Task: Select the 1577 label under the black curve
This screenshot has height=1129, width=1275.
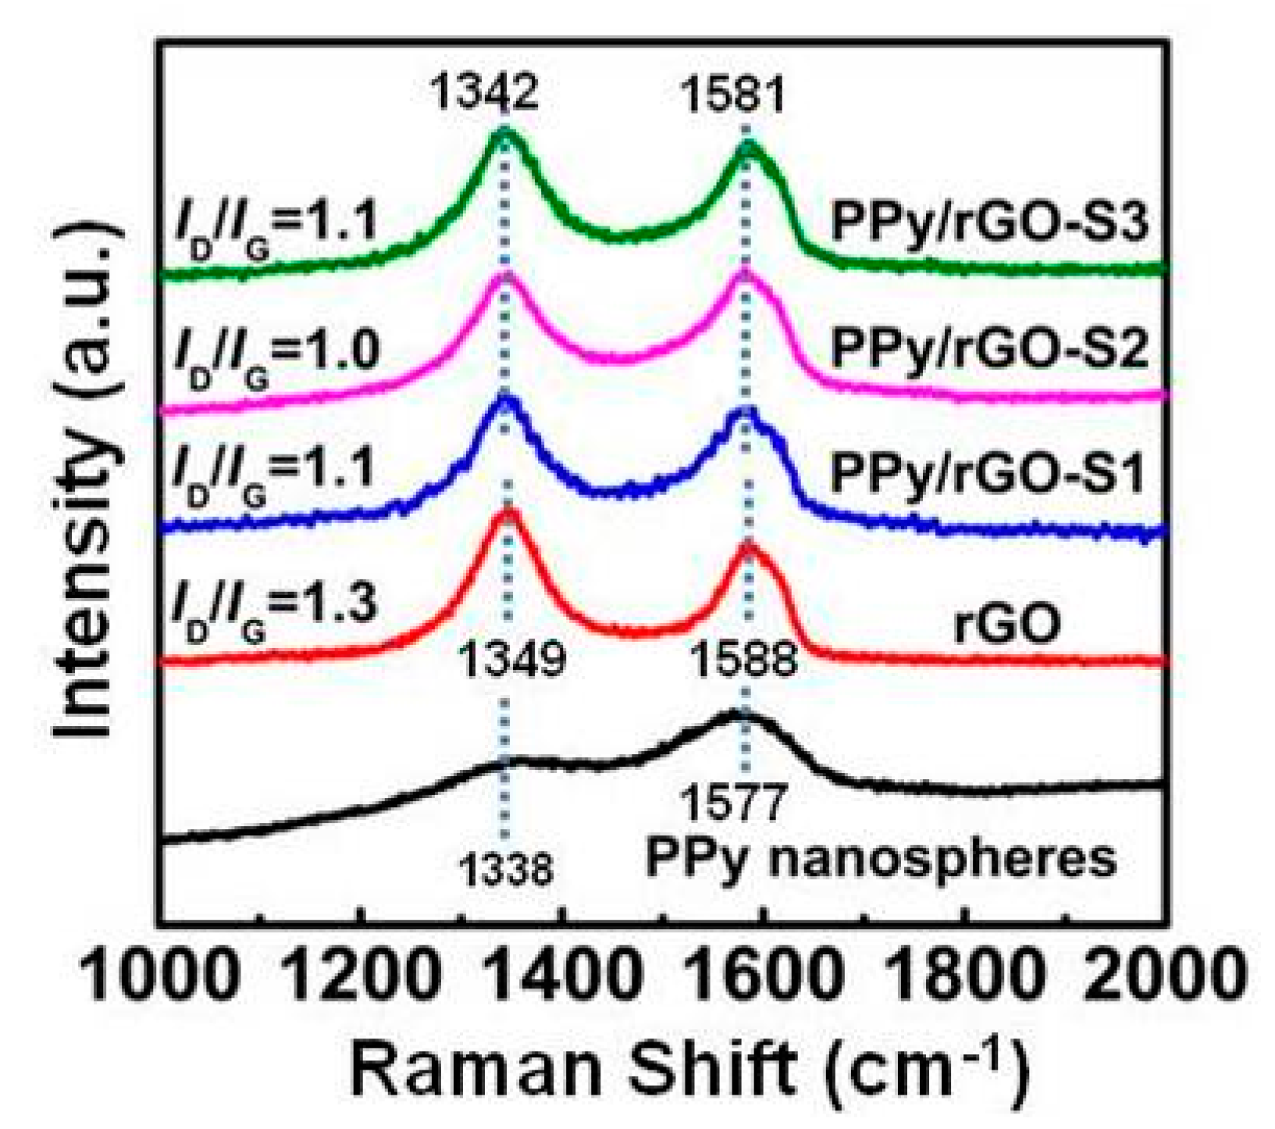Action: [x=732, y=805]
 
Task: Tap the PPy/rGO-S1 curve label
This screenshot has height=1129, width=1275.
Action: [x=988, y=474]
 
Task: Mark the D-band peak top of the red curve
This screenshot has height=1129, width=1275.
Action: [x=508, y=511]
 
